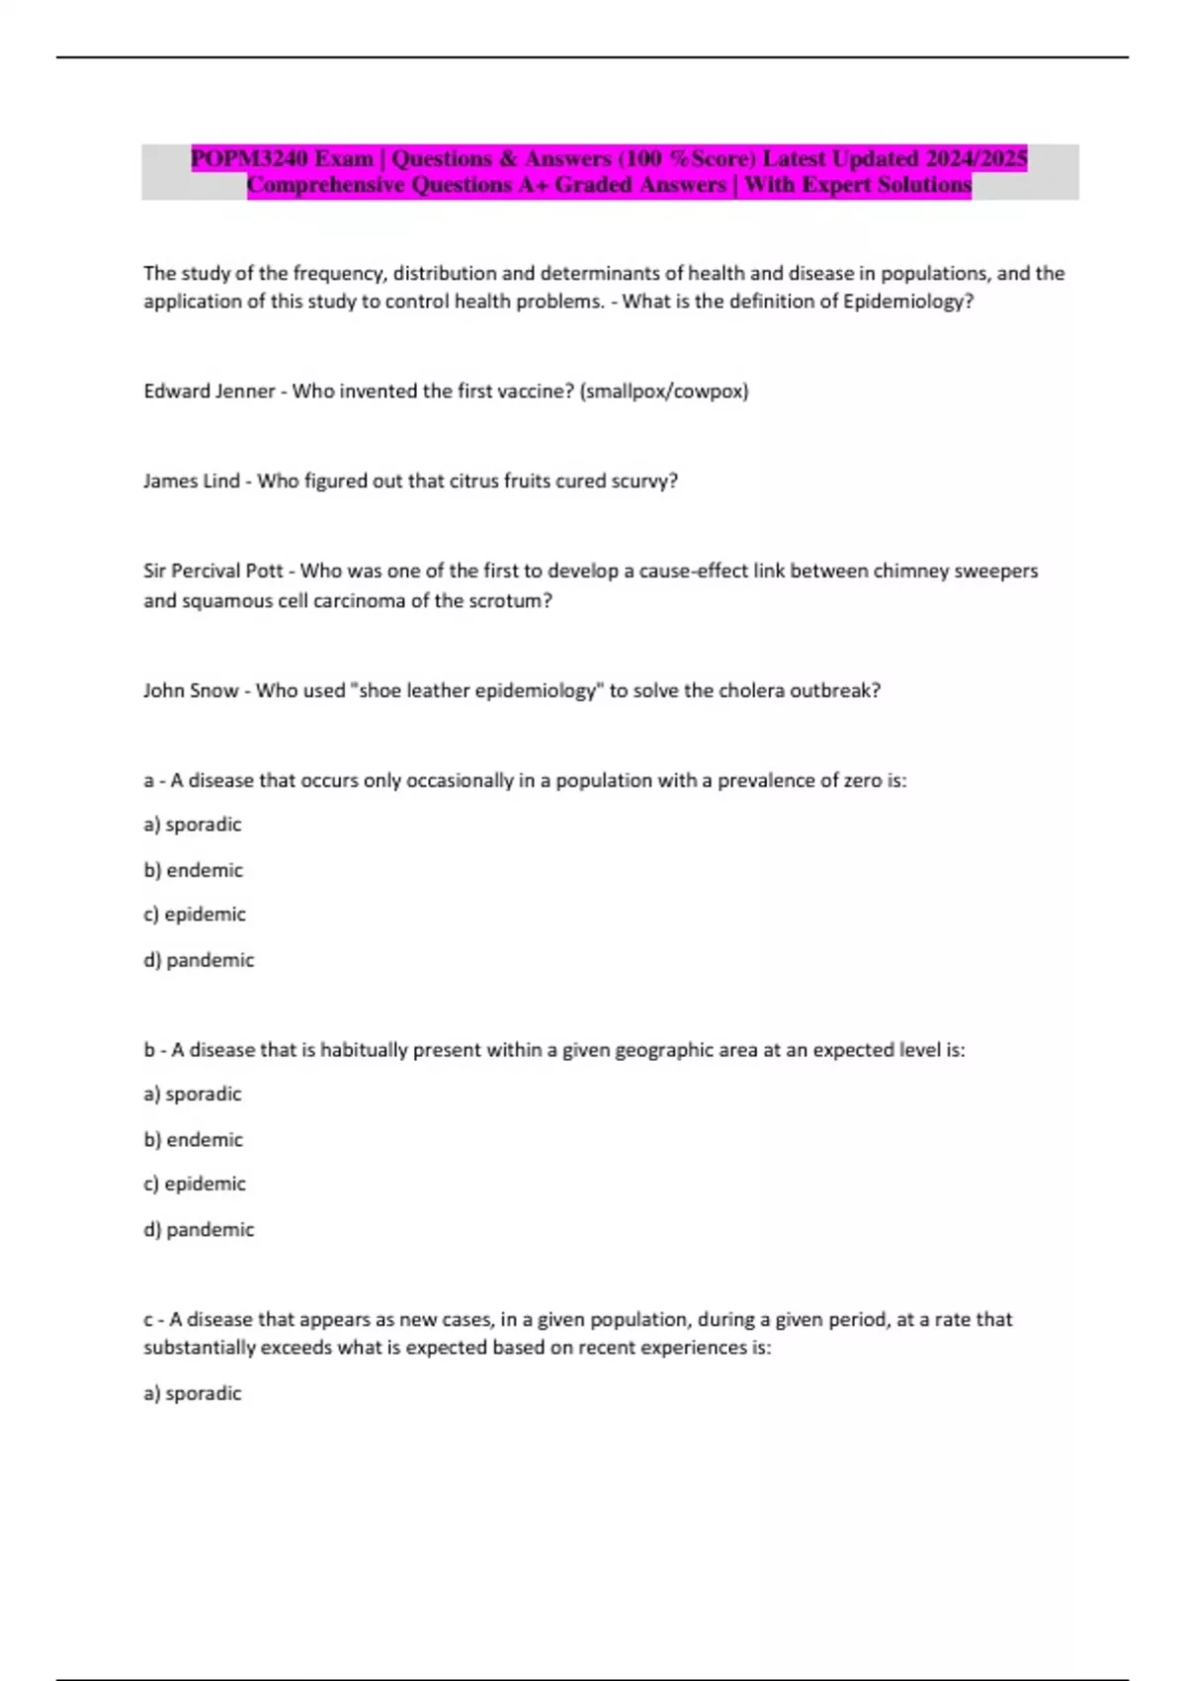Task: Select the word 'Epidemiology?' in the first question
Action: coord(907,302)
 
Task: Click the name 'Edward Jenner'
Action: coord(210,392)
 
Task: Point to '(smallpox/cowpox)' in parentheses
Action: coord(664,392)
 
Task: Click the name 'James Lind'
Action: coord(192,482)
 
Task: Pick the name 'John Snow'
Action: coord(191,691)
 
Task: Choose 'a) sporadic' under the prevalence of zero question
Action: coord(193,825)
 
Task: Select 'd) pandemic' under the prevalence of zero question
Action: coord(199,960)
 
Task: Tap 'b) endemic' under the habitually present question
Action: coord(194,1140)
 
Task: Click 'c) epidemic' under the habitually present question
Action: coord(195,1184)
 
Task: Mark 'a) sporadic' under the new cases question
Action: coord(193,1393)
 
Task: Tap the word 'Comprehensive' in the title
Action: coord(325,185)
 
